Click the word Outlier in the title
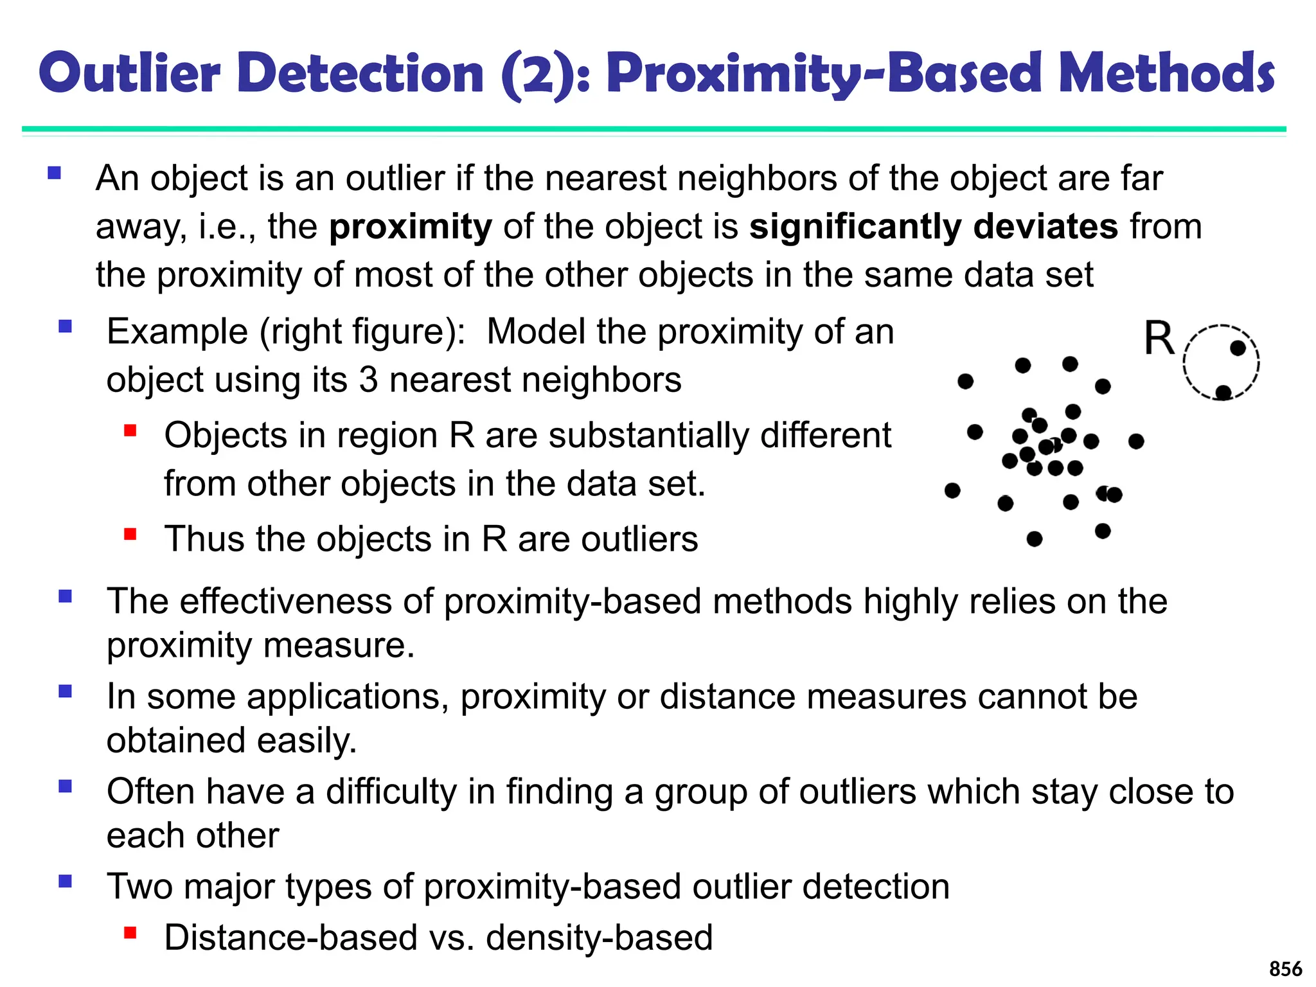130,73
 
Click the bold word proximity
410,227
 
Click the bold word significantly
855,227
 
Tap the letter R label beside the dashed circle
1159,338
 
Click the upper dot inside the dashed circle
1238,348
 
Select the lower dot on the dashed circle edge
1223,392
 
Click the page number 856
1285,968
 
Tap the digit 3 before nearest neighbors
368,380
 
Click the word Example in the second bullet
177,332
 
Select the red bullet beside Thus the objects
130,534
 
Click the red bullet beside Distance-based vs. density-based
130,932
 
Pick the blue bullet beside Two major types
65,881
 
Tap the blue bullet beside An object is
54,173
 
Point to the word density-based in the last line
600,938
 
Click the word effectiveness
285,601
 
